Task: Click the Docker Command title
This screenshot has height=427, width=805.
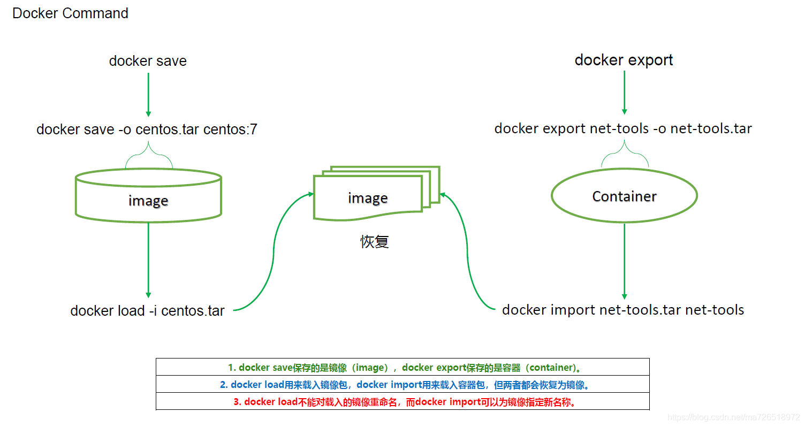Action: point(70,13)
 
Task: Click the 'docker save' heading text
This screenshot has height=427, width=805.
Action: point(148,61)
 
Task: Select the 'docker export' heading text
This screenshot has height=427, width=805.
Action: point(624,60)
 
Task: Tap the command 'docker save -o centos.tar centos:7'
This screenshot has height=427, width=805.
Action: point(147,129)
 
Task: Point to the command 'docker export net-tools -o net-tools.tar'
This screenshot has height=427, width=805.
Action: point(623,128)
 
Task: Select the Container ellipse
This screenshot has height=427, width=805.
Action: point(624,196)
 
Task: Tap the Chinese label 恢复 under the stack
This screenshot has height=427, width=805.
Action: point(374,242)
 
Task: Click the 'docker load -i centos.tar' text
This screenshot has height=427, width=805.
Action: point(147,311)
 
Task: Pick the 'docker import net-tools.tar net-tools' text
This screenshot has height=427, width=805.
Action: point(623,310)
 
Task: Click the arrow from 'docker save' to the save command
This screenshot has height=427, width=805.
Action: point(148,94)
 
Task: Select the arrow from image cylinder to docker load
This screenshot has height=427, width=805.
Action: point(148,260)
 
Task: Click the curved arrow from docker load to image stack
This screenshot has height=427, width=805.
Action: point(274,251)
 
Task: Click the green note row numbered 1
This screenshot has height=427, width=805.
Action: point(402,368)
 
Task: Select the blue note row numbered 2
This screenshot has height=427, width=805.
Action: point(402,385)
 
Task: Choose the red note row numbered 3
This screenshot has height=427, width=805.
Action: point(402,402)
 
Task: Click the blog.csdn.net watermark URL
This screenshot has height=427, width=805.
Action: point(734,417)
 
